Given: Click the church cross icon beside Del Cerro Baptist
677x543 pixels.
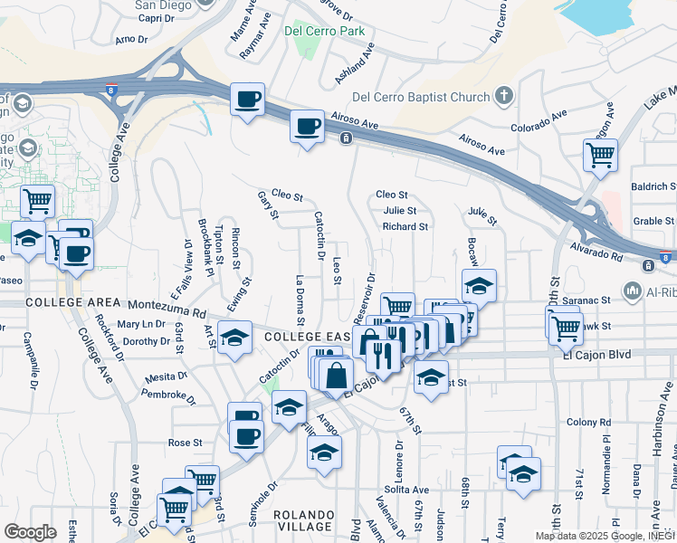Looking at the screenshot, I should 504,96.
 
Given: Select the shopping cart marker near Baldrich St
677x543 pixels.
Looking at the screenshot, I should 600,156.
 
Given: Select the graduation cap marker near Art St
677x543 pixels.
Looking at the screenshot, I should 235,339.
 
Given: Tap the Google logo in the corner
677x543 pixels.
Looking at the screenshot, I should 30,532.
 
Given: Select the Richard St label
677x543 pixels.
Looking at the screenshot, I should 404,226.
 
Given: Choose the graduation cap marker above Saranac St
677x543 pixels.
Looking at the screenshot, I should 479,286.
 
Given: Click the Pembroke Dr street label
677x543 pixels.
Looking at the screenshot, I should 169,395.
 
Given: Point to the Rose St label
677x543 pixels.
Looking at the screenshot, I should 185,443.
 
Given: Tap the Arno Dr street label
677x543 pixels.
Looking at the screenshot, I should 131,40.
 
